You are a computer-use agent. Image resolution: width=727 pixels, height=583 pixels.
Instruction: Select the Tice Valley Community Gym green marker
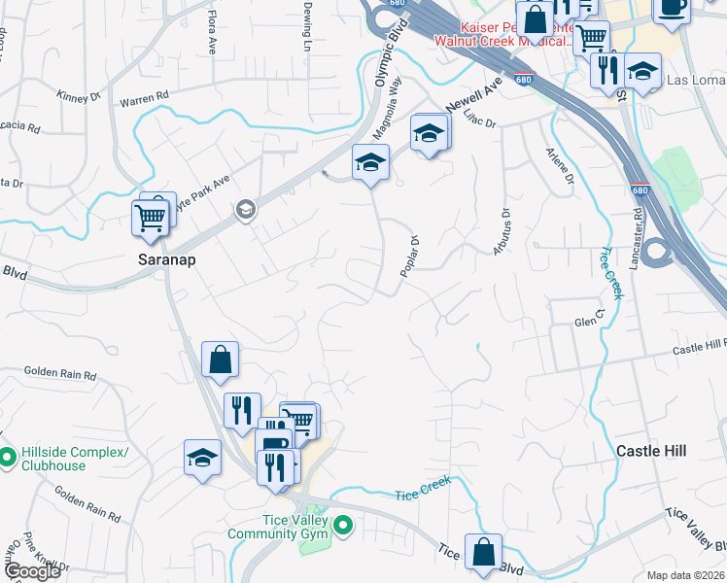[342, 526]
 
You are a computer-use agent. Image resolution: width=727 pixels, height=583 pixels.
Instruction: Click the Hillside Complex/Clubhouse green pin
[7, 454]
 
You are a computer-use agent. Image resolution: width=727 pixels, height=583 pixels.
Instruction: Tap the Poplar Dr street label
[409, 256]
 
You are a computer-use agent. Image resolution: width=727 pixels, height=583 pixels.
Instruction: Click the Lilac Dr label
[481, 120]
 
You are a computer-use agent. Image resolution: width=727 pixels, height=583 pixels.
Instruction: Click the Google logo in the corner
[32, 571]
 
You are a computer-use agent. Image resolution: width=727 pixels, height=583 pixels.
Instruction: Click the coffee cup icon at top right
[671, 8]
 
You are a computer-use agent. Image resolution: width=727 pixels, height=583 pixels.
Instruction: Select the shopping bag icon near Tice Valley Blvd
[483, 552]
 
